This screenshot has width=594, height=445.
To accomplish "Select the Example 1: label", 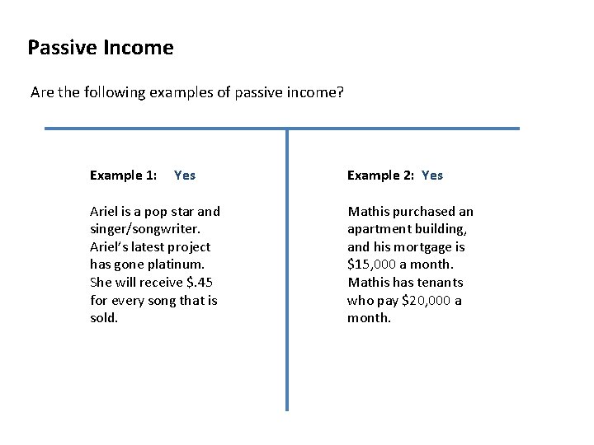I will [124, 176].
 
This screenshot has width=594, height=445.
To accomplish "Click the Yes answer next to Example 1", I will [185, 176].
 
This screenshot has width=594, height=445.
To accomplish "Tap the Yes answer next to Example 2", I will [432, 176].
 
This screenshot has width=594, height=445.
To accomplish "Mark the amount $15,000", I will [370, 265].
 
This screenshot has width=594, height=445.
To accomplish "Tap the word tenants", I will [445, 283].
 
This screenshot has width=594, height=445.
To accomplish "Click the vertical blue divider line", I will [287, 272].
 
